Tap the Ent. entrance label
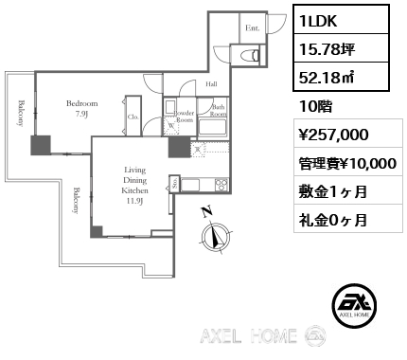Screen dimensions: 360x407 [x=252, y=28]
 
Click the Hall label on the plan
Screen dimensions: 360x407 [x=211, y=84]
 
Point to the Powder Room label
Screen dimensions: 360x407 [x=184, y=116]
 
